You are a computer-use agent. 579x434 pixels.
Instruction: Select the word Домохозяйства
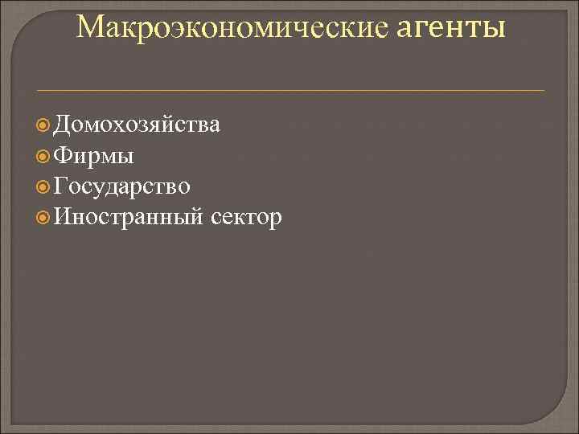coord(138,125)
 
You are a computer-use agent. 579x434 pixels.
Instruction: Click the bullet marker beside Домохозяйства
coord(45,125)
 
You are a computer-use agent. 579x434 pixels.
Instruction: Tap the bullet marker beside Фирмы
coord(45,156)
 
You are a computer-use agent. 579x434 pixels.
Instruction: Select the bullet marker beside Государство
coord(45,186)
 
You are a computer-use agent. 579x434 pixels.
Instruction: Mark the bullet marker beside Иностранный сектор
coord(45,217)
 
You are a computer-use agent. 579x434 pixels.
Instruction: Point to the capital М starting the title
coord(89,28)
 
